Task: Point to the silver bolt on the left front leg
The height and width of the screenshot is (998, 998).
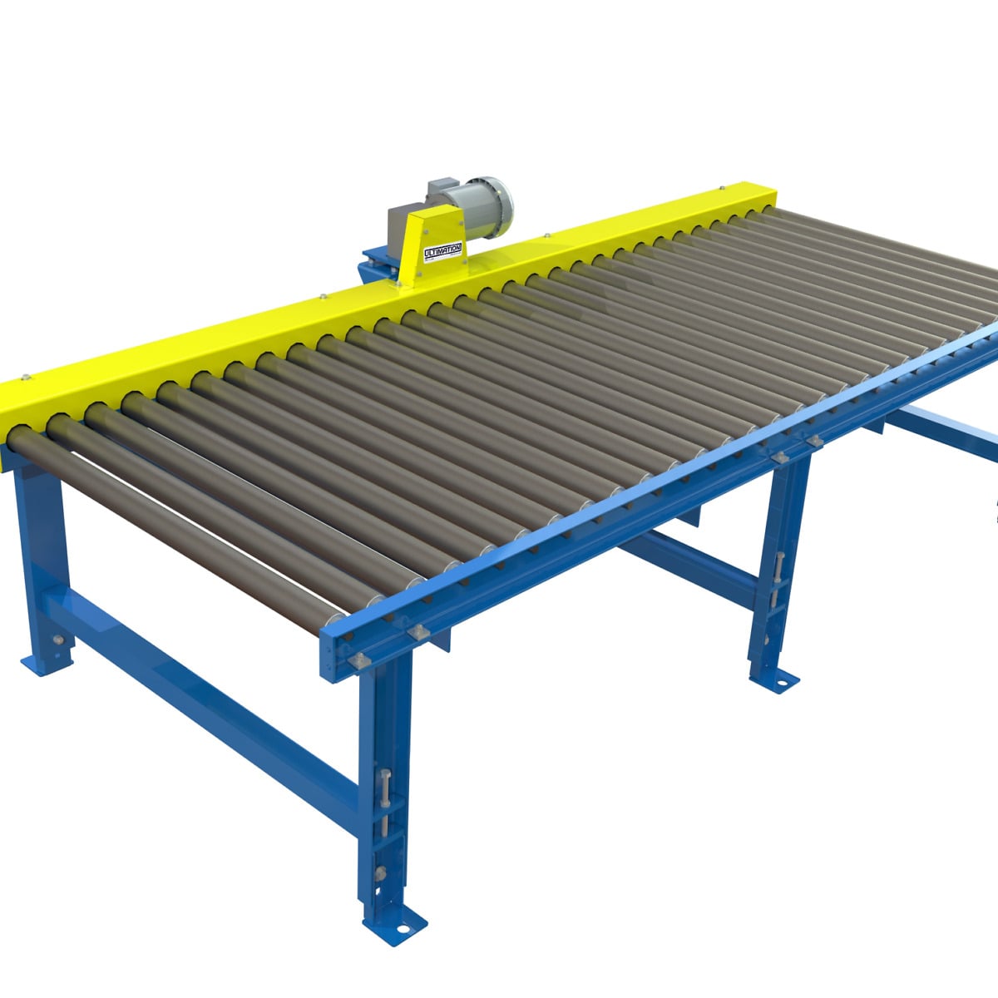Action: click(58, 640)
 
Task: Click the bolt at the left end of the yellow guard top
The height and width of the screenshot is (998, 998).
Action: click(25, 378)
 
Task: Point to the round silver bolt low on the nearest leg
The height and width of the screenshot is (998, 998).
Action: click(381, 872)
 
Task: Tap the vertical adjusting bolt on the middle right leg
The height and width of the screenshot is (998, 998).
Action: click(778, 574)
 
